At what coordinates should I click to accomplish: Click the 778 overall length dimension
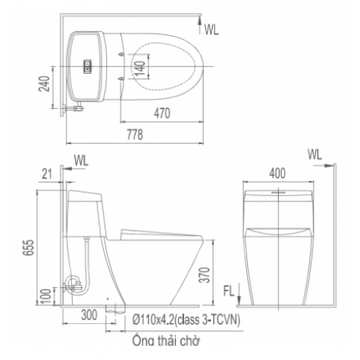coord(135,134)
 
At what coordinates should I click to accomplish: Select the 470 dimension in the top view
coord(162,113)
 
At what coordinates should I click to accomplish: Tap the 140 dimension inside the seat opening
coord(140,69)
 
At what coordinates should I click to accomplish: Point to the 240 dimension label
coord(44,83)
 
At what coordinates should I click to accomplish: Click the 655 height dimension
coord(29,247)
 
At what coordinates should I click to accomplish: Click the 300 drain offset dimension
coord(89,315)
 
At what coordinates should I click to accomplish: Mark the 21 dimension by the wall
coord(47,173)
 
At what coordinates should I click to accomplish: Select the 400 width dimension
coord(277,173)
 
